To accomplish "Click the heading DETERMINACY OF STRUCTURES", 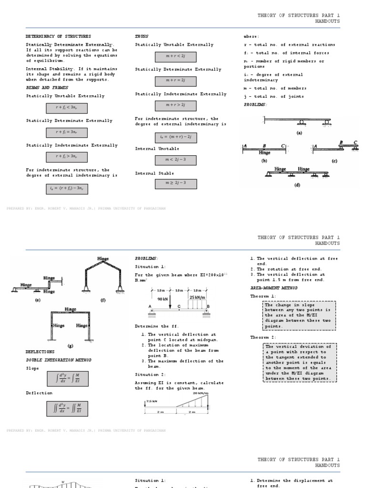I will point(58,36).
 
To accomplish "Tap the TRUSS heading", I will point(142,36).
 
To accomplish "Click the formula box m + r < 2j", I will point(169,57).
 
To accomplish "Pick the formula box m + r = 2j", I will point(169,81).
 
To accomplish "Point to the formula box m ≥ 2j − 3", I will point(169,183).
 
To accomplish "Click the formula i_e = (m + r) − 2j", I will point(169,137).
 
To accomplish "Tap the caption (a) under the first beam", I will point(299,133).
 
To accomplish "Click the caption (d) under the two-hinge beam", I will point(297,185).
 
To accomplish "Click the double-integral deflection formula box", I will point(67,408).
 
